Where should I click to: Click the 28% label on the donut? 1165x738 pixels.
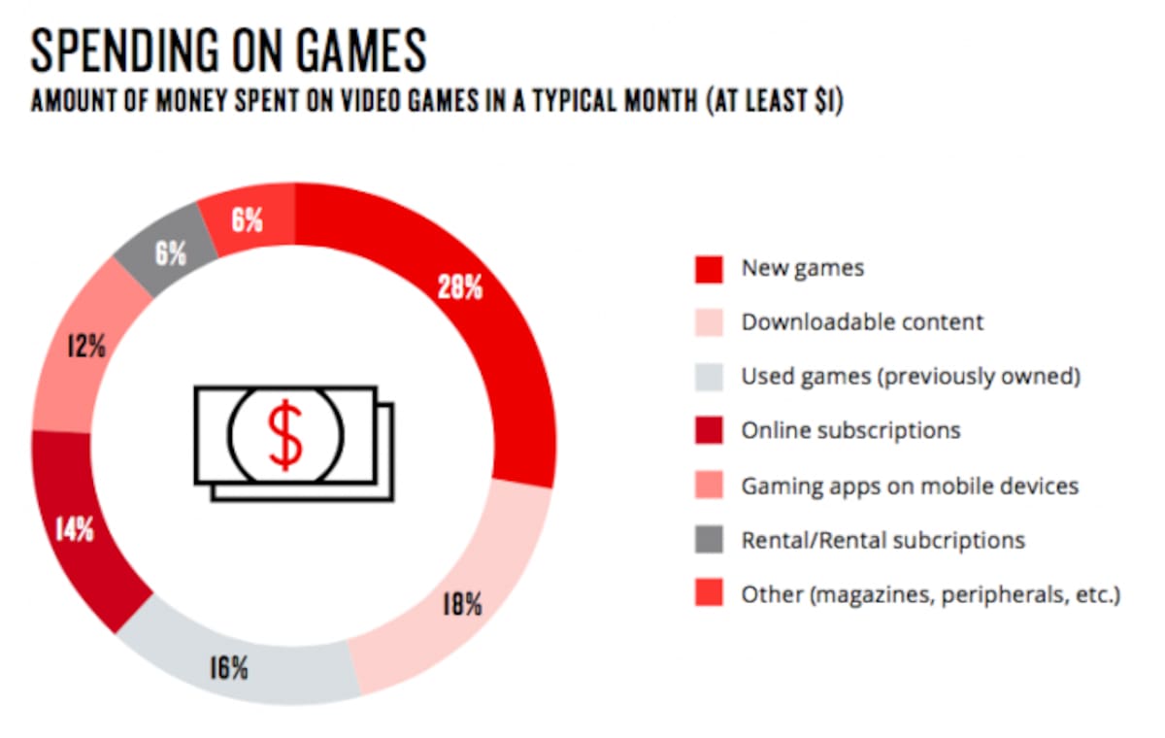pos(460,286)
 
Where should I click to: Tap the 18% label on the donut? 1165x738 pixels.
pos(462,604)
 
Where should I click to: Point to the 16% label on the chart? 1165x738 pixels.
pos(229,668)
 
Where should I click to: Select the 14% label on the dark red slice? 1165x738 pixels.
pos(75,530)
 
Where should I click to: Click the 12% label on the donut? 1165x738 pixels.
pos(86,346)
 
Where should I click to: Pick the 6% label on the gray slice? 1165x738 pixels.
pos(171,253)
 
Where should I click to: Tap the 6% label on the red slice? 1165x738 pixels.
pos(247,219)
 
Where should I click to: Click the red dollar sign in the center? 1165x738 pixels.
pos(284,435)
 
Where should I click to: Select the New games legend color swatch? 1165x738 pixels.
pos(709,269)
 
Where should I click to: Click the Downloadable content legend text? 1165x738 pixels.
pos(862,322)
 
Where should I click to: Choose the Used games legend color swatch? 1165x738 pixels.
pos(709,377)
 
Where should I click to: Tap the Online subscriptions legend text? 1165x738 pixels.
pos(850,431)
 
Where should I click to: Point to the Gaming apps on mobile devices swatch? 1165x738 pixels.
pos(709,485)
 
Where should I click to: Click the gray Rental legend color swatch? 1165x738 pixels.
pos(709,539)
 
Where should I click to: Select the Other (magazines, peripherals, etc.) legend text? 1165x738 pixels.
pos(931,594)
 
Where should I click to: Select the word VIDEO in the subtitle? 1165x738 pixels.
pos(372,100)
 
